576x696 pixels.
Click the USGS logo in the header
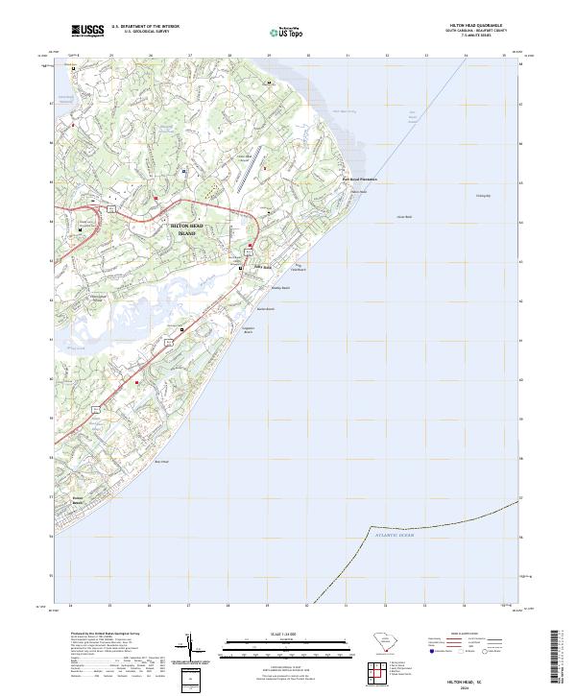point(88,31)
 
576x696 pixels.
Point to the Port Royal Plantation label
point(360,180)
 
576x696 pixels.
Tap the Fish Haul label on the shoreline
point(358,191)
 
